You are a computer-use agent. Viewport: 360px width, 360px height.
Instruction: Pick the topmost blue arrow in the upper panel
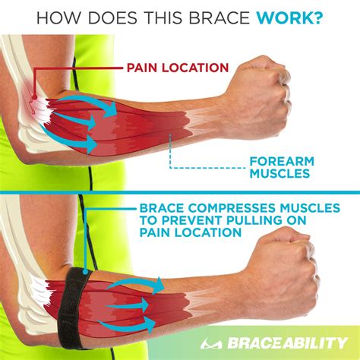[91, 103]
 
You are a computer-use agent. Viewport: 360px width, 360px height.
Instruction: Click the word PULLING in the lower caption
[264, 219]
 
